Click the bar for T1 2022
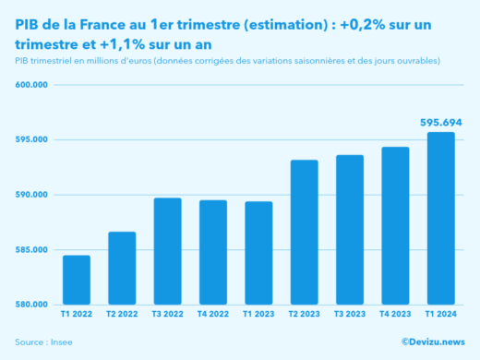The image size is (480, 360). click(77, 280)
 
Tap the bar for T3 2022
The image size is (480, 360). click(167, 251)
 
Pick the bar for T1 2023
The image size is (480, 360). click(258, 253)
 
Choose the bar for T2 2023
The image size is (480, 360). click(304, 232)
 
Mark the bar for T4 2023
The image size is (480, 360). click(395, 225)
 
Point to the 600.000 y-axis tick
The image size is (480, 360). click(31, 85)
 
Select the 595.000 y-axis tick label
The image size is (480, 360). click(31, 140)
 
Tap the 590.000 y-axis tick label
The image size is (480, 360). click(31, 195)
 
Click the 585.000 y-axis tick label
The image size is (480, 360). click(31, 250)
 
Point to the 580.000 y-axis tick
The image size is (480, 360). click(31, 305)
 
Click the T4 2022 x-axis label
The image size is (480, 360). click(212, 316)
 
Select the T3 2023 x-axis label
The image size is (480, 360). click(349, 316)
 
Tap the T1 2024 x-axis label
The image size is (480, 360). click(440, 316)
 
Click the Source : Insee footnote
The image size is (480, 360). click(43, 342)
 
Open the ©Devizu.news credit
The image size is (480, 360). click(432, 342)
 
